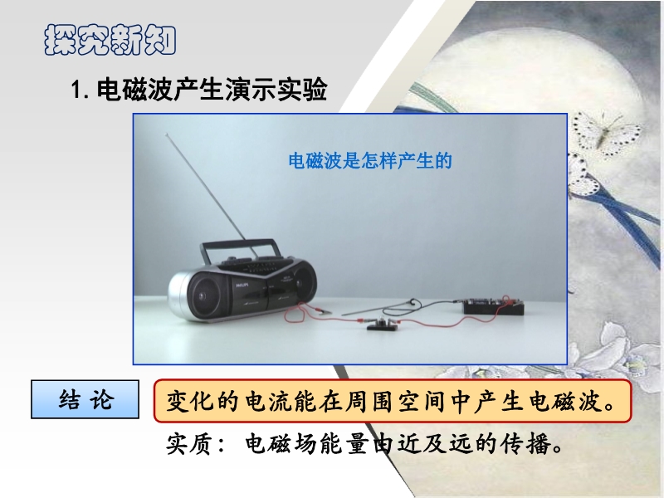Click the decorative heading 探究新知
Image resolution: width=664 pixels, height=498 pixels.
click(x=110, y=40)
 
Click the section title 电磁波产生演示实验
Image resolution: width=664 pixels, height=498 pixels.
click(x=212, y=90)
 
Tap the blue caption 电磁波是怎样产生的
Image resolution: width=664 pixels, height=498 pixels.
click(x=370, y=161)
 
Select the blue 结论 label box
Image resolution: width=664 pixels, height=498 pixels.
click(x=85, y=399)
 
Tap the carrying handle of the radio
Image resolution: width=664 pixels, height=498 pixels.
click(x=241, y=250)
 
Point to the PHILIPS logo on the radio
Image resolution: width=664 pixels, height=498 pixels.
click(x=242, y=286)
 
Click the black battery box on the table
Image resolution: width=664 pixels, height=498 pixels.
click(x=494, y=306)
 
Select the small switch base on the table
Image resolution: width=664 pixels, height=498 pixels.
click(x=383, y=325)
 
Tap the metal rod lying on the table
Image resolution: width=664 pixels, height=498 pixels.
click(x=377, y=308)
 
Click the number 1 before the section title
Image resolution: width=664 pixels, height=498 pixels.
click(x=76, y=90)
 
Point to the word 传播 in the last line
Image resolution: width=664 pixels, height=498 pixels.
click(x=525, y=443)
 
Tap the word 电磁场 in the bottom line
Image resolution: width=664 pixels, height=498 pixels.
click(x=281, y=443)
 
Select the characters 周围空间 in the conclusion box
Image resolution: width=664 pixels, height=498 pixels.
click(x=385, y=401)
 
